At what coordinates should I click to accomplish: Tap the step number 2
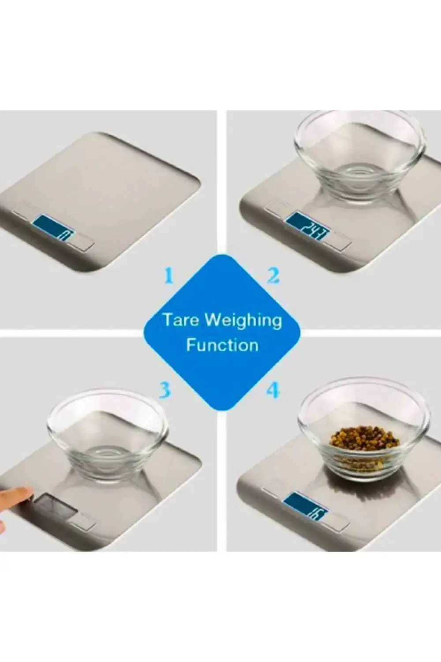[x=273, y=276]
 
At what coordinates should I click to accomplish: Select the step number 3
[x=165, y=390]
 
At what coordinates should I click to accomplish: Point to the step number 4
[x=273, y=391]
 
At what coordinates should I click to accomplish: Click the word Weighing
[x=244, y=321]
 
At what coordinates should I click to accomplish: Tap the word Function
[x=222, y=345]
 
